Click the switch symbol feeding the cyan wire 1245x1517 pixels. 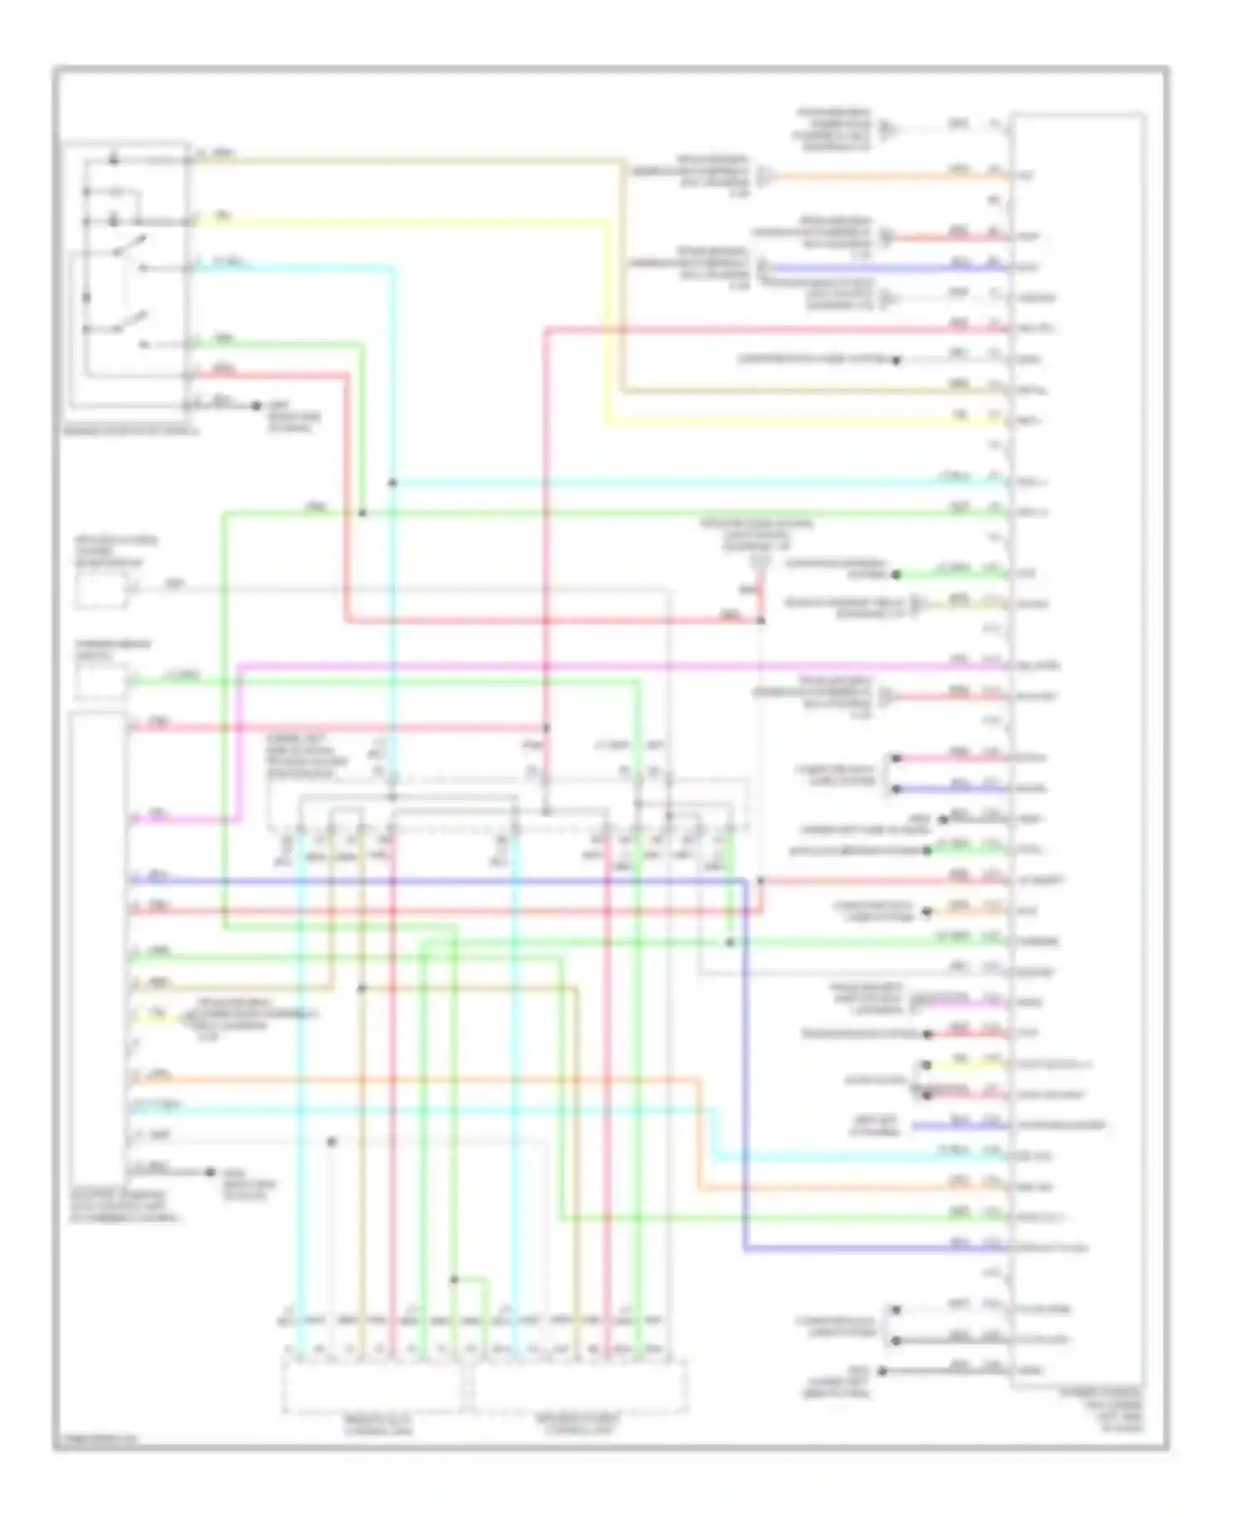tap(133, 247)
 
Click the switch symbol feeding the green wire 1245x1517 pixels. tap(133, 323)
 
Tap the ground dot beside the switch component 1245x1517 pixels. tap(256, 407)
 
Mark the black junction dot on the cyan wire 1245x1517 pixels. tap(392, 483)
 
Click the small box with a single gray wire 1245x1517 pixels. tap(101, 591)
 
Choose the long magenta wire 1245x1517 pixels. tap(581, 666)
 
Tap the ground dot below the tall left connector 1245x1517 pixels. tap(211, 1172)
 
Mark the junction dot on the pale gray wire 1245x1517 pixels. tap(331, 1142)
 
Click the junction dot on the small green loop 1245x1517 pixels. tap(454, 1280)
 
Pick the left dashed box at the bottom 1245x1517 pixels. tap(371, 1387)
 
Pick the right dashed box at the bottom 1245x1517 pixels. tap(579, 1387)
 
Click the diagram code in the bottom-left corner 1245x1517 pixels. tap(96, 1439)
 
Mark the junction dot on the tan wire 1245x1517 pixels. tap(361, 988)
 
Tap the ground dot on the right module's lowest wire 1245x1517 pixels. tap(882, 1371)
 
